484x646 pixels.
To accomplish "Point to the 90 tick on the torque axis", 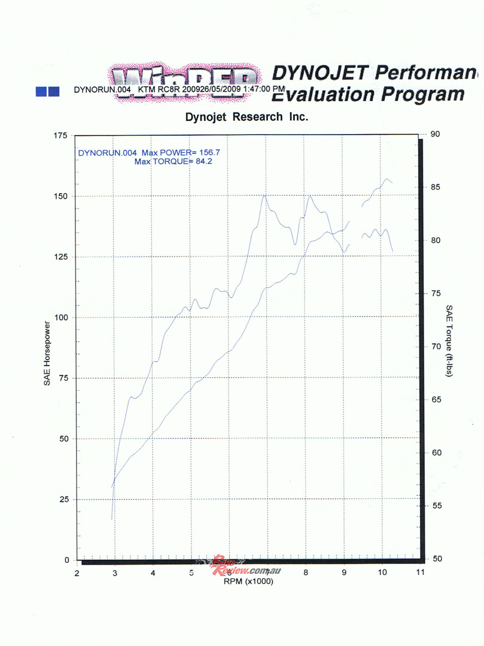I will (435, 134).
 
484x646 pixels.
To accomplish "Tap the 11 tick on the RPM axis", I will (420, 572).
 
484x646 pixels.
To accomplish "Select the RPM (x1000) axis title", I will (248, 581).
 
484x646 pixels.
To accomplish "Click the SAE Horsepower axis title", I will (47, 353).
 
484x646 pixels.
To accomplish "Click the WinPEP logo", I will (185, 81).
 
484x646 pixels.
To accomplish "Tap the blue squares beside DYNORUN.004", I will (47, 91).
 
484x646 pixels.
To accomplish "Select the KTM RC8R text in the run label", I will (162, 90).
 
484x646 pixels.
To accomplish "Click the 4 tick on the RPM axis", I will (153, 572).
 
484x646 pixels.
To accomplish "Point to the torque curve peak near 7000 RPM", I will (264, 196).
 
